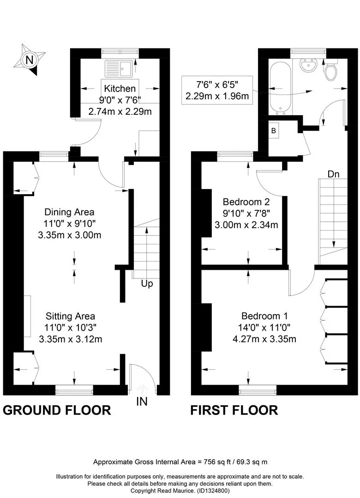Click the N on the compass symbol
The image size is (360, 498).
coord(29,59)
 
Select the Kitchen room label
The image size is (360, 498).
coord(120,88)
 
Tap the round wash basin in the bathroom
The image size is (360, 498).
coord(308,65)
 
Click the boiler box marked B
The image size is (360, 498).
coord(274,130)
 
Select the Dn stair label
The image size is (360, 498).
coord(333,174)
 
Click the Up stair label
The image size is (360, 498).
coord(147,284)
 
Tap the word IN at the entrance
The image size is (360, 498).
coord(142,402)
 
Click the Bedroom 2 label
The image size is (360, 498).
coord(246,202)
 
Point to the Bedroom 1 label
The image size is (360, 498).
coord(264,316)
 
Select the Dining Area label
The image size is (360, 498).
coord(69,212)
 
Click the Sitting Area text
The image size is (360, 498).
coord(70,316)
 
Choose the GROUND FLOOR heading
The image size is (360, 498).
coord(57,410)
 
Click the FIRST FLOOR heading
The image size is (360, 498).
coord(234,410)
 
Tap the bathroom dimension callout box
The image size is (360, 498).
coord(217,90)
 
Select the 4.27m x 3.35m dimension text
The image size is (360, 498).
coord(264,339)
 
